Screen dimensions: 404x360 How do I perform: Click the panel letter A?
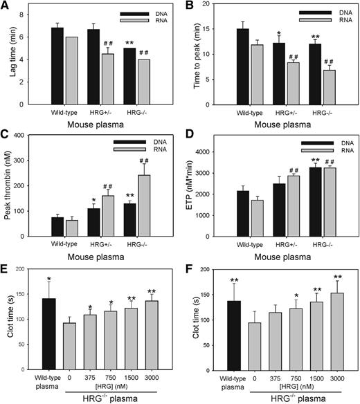point(6,6)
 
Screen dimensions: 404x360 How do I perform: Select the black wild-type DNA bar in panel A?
point(57,66)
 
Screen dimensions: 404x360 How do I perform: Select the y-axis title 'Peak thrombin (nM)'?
point(12,195)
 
